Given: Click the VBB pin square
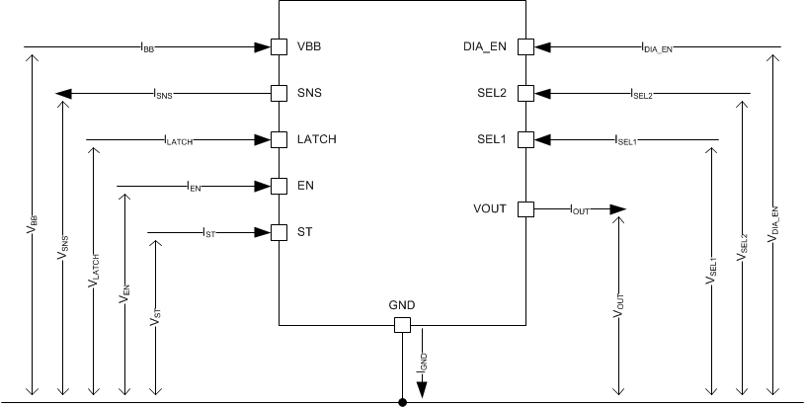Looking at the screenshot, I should point(279,46).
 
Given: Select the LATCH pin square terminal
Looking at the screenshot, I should point(279,139).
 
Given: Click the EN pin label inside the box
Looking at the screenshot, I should point(306,186).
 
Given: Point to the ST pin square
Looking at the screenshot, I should point(279,232).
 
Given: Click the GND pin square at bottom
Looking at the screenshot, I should point(402,326).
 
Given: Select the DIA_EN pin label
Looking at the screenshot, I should point(484,46).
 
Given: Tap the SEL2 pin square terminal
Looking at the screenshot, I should point(525,93).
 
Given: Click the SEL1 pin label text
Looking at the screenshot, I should point(491,139).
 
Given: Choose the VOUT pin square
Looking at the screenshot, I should point(525,208).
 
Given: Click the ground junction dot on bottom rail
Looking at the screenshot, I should point(402,402).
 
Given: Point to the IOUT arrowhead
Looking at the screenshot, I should point(618,208).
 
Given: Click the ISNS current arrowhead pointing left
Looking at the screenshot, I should point(63,94).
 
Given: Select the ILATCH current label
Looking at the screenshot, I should point(178,140).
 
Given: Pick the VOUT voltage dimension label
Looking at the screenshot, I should point(617,302).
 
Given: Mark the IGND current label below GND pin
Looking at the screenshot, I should point(424,363).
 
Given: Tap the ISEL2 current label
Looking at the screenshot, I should point(641,94).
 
